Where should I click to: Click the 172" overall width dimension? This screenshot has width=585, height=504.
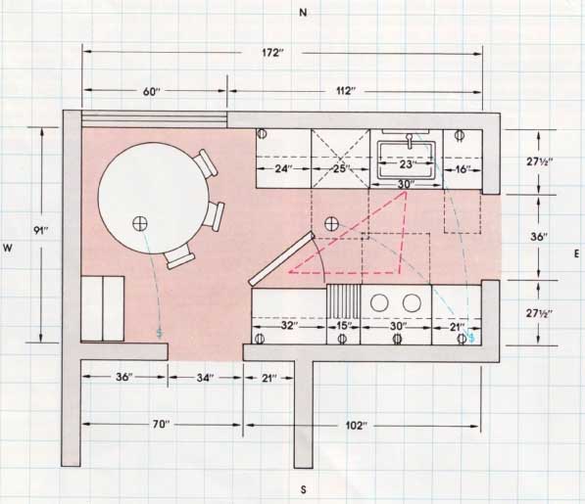click(x=272, y=53)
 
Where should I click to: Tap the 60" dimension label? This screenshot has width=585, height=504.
click(x=152, y=91)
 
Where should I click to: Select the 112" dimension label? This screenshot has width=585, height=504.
click(x=346, y=91)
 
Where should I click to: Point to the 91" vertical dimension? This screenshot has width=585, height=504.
click(x=41, y=231)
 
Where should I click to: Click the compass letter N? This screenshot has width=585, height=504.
click(x=303, y=13)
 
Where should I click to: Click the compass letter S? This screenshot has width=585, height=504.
click(x=304, y=490)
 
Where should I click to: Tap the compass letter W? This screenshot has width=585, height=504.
click(x=8, y=249)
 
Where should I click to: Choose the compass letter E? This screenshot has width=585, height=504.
click(x=577, y=254)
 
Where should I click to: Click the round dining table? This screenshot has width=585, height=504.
click(x=153, y=198)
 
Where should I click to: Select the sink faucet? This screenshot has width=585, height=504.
click(x=410, y=140)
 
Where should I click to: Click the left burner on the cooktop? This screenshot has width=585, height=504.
click(x=379, y=302)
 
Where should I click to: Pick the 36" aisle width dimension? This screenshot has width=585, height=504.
click(x=538, y=237)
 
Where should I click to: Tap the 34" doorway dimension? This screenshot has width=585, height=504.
click(x=205, y=378)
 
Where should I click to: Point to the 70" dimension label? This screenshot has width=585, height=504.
click(x=161, y=425)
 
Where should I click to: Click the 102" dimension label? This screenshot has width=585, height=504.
click(x=357, y=425)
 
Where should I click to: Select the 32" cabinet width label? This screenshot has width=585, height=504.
click(x=289, y=326)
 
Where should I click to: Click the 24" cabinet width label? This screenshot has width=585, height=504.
click(x=283, y=168)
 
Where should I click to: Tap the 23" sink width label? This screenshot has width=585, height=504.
click(x=407, y=164)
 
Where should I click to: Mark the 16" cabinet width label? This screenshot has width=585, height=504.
click(x=463, y=169)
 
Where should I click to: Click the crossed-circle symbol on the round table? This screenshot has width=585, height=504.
click(x=140, y=223)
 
